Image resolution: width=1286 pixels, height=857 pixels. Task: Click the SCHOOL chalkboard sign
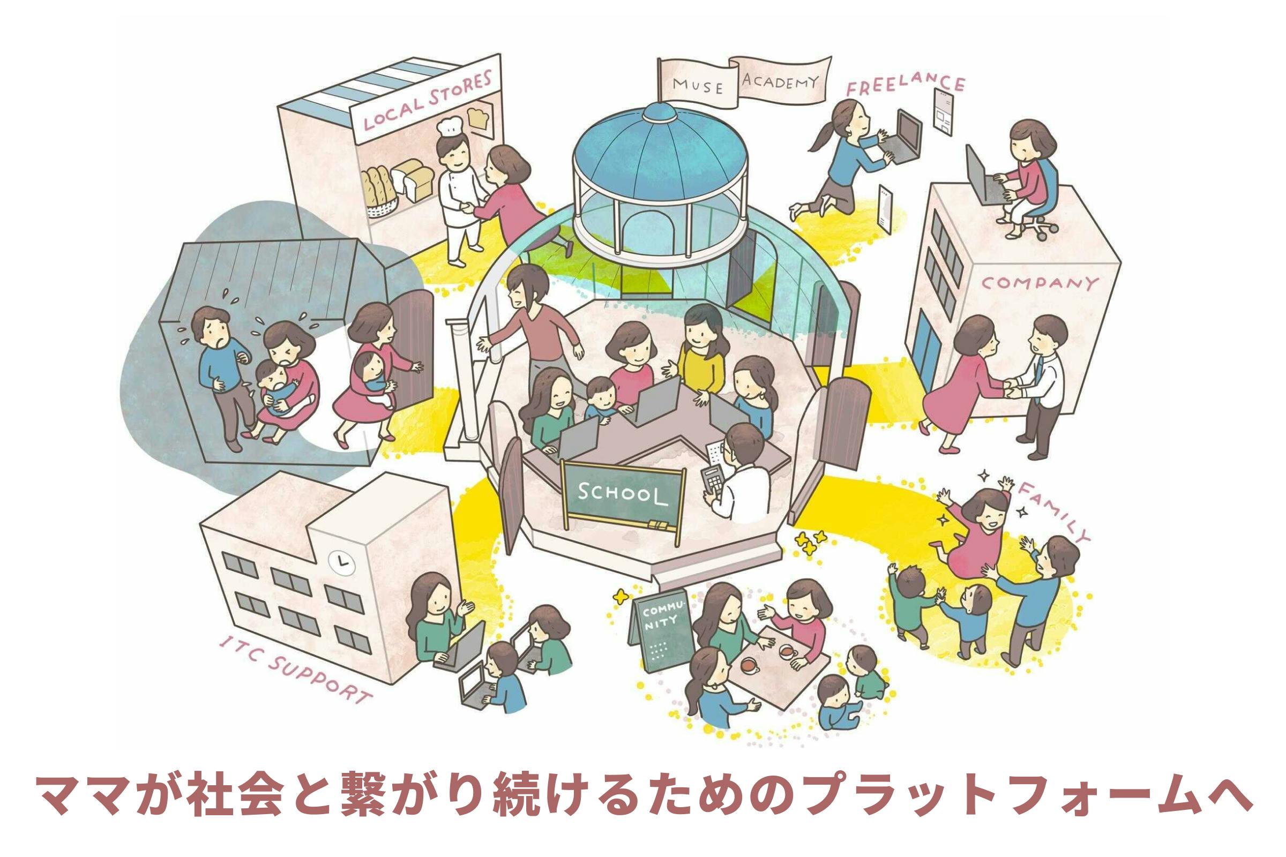(623, 493)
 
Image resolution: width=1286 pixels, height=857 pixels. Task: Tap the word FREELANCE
(906, 85)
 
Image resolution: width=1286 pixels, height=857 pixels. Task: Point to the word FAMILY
(1052, 510)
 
